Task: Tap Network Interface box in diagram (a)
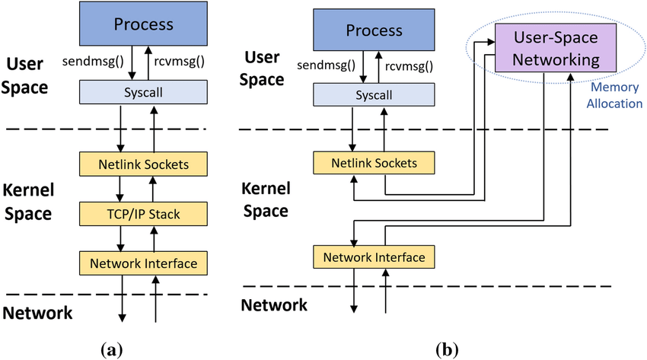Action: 144,263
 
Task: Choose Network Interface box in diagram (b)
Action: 373,257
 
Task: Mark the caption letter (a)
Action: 111,349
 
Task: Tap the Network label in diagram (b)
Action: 274,305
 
